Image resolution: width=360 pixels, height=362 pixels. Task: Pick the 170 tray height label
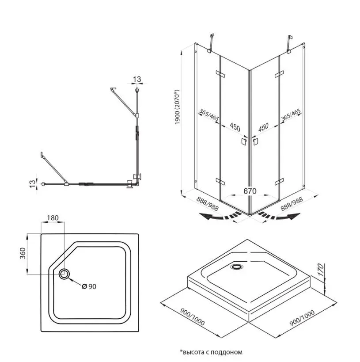click(322, 269)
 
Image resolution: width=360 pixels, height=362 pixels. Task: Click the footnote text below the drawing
click(211, 352)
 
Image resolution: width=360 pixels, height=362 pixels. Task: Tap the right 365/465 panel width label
click(290, 116)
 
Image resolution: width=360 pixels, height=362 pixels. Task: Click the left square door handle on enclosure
click(243, 142)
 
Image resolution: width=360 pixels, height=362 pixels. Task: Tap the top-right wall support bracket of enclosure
click(290, 41)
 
